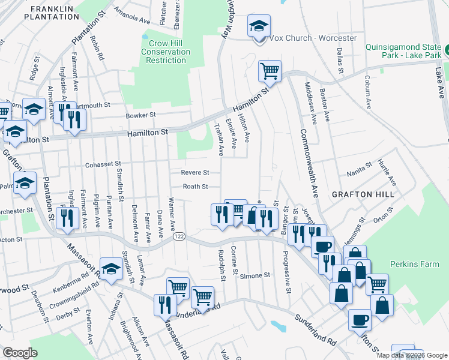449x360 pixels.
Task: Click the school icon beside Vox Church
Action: pyautogui.click(x=259, y=28)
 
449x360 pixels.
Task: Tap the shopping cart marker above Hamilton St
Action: pyautogui.click(x=270, y=71)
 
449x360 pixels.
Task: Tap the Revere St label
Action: pyautogui.click(x=195, y=172)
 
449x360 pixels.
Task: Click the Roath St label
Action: pyautogui.click(x=195, y=187)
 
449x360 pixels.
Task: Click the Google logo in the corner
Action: pyautogui.click(x=20, y=353)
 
